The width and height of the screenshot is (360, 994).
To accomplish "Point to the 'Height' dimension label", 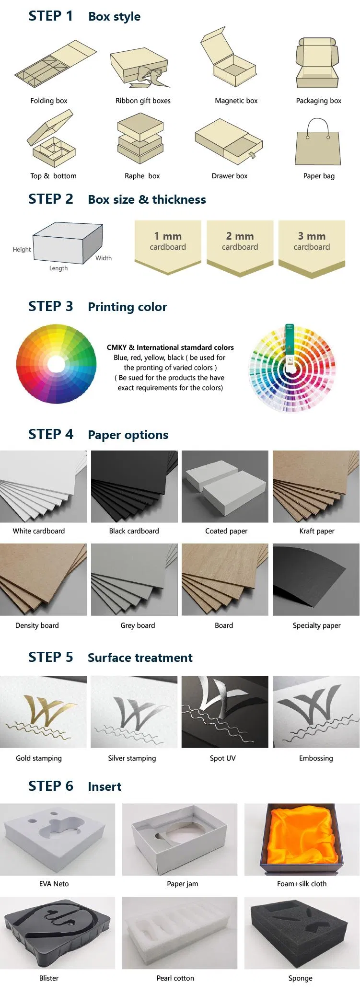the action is [x=22, y=250].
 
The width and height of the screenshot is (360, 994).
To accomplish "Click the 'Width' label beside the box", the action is [x=104, y=258].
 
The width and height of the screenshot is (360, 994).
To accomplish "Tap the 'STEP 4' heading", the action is [x=51, y=434].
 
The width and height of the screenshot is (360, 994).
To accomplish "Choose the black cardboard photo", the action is [x=134, y=486].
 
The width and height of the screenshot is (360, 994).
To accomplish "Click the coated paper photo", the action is [x=225, y=486].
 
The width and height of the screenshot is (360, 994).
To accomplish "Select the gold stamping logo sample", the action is [x=43, y=712].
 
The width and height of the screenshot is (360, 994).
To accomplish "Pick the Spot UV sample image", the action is [x=225, y=712].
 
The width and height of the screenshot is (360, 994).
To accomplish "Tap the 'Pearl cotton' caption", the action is [x=175, y=978].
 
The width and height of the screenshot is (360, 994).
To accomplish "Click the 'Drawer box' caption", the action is [x=230, y=176].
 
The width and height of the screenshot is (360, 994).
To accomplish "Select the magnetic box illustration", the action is [x=228, y=57].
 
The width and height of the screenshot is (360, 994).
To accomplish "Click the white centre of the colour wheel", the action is [x=56, y=364].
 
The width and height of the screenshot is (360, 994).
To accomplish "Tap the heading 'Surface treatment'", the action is [x=140, y=658].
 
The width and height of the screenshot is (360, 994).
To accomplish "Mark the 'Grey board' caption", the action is [x=138, y=625].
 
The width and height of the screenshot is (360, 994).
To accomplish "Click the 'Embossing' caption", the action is [x=316, y=758].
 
